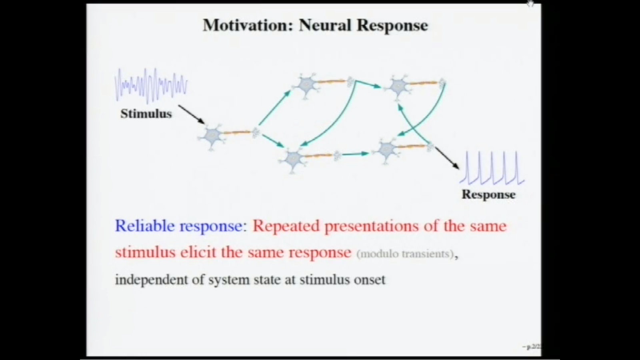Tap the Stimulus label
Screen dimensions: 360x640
[146, 114]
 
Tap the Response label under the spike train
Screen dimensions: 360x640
[488, 194]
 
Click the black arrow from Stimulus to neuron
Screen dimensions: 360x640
[191, 114]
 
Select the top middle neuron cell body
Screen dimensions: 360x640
[307, 85]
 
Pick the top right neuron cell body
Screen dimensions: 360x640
[398, 86]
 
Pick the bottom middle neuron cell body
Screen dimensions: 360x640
[294, 158]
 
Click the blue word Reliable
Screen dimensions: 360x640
[145, 226]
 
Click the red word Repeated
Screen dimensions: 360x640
[286, 226]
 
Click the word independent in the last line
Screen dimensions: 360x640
[152, 279]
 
